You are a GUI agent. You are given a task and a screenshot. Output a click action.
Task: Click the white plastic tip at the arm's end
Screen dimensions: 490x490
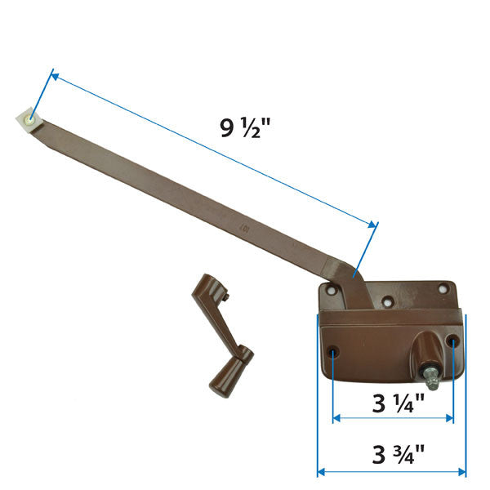pyautogui.click(x=28, y=120)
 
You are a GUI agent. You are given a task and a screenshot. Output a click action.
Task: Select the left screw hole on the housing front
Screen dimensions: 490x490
pyautogui.click(x=333, y=352)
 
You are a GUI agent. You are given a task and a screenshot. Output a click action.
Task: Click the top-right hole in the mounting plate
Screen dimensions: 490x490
pyautogui.click(x=444, y=287)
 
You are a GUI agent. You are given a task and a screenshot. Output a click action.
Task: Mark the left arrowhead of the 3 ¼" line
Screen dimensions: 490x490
pyautogui.click(x=336, y=418)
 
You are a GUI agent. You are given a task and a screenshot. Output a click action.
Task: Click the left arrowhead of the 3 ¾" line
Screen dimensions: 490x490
pyautogui.click(x=321, y=472)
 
